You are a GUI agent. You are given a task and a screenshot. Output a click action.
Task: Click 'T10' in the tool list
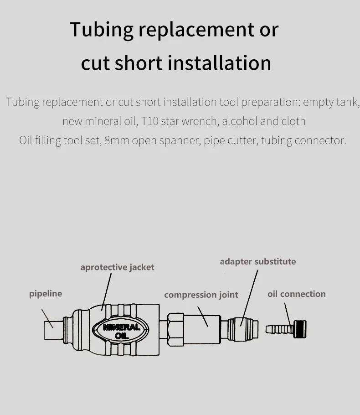click(x=149, y=121)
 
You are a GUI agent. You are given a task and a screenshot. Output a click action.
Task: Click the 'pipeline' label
click(x=46, y=294)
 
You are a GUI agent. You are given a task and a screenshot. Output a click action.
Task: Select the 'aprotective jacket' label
click(x=117, y=267)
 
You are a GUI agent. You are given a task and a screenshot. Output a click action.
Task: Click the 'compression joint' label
click(x=201, y=295)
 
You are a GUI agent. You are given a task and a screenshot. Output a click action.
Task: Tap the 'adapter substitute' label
click(x=257, y=261)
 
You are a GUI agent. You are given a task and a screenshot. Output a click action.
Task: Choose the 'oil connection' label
click(x=296, y=294)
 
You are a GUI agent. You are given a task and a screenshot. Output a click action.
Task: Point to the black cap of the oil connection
click(x=300, y=328)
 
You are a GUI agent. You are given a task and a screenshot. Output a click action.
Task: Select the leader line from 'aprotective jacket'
click(x=107, y=292)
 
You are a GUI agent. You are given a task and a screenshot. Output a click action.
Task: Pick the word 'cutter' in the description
click(x=243, y=140)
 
